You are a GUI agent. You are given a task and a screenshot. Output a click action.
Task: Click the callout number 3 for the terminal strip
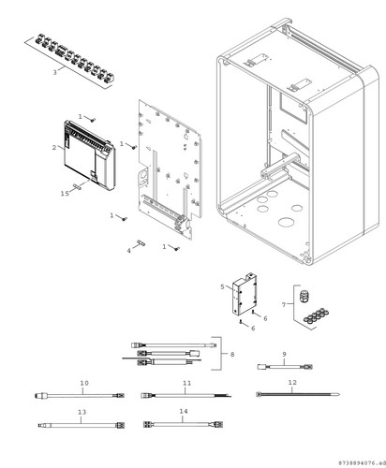click(x=55, y=72)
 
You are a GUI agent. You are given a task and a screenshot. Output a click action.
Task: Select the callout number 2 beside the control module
click(x=54, y=147)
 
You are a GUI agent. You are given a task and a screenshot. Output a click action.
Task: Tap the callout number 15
click(x=65, y=194)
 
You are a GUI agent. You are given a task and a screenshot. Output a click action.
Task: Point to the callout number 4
click(x=129, y=251)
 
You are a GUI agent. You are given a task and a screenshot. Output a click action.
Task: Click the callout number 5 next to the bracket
click(x=222, y=286)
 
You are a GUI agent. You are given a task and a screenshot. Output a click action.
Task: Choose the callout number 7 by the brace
click(x=284, y=304)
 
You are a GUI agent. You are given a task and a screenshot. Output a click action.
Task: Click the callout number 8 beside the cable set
click(x=232, y=355)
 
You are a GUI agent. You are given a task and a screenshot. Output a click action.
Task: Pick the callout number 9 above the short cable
click(x=284, y=354)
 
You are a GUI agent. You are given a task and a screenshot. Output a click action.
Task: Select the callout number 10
click(x=84, y=383)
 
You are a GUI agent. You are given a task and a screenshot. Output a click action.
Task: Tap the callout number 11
click(x=186, y=383)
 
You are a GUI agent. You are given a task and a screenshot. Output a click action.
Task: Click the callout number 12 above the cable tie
click(x=292, y=382)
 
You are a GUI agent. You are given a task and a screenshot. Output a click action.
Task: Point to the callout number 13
click(x=82, y=412)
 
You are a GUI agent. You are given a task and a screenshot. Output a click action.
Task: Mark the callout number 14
click(x=184, y=412)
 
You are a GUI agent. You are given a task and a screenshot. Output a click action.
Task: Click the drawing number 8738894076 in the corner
click(x=361, y=462)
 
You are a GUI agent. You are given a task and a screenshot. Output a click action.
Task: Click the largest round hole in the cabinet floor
click(x=287, y=223)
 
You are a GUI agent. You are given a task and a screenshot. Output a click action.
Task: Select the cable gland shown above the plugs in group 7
click(x=303, y=297)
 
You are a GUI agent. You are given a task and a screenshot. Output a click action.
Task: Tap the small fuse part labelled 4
click(x=141, y=242)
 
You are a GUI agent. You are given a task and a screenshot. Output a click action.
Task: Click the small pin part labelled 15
click(x=77, y=186)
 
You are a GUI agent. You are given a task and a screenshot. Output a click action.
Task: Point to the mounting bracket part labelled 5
click(x=245, y=294)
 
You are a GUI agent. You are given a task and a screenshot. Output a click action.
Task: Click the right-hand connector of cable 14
click(x=218, y=424)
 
